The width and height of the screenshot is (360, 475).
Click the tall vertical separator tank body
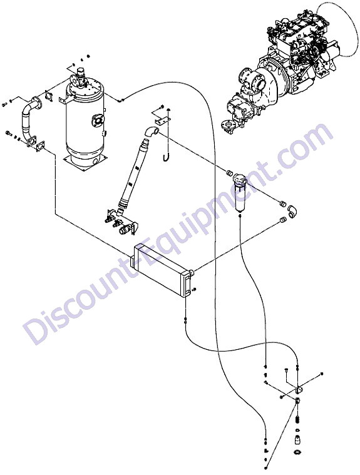(x=85, y=121)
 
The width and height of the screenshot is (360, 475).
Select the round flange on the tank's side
(x=98, y=120)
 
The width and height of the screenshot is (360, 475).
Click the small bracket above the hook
(x=162, y=120)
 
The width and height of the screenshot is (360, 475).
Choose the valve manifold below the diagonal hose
(x=121, y=223)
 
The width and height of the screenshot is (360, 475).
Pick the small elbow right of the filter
(x=292, y=212)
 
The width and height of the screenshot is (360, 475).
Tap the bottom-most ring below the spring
(x=298, y=452)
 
